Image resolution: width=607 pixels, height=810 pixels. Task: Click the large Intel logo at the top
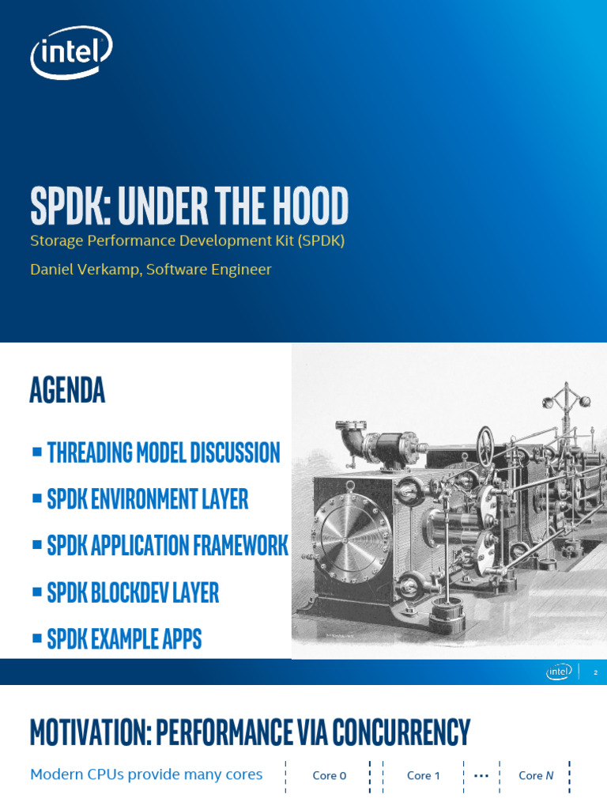70,52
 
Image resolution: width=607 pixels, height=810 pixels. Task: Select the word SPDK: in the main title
70,206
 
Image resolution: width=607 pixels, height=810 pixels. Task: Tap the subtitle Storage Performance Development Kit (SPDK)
187,241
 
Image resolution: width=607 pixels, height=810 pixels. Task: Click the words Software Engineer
209,270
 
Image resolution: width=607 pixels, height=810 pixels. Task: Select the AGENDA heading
67,390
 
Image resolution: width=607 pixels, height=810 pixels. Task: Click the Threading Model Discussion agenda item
163,452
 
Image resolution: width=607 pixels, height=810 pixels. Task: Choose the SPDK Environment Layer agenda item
147,499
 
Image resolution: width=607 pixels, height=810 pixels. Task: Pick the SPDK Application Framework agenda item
167,546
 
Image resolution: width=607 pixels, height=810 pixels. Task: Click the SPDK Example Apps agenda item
124,639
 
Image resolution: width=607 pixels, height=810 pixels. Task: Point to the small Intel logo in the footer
559,672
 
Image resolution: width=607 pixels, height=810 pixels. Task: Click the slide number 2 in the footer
595,672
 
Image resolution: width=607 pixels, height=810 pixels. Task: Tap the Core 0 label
330,776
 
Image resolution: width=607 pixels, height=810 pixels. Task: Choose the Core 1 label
424,776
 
